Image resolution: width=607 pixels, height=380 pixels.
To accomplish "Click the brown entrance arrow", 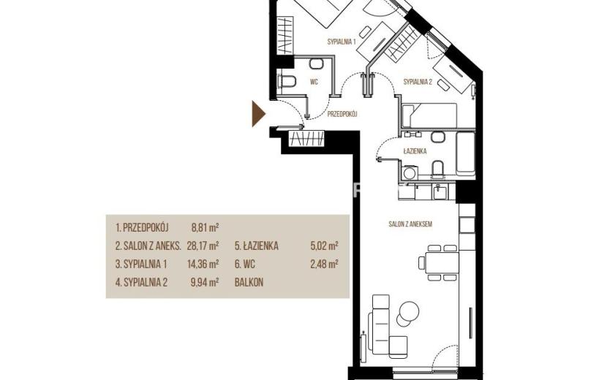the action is (258, 114).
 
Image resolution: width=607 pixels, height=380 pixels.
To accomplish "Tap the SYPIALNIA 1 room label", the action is (342, 42).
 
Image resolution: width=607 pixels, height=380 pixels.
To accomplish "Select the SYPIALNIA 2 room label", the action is (418, 82).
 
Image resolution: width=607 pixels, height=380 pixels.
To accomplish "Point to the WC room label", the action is (314, 82).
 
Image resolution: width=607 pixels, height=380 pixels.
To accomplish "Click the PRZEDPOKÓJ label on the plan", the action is (342, 114).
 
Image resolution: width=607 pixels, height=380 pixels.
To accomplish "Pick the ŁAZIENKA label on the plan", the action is (415, 151).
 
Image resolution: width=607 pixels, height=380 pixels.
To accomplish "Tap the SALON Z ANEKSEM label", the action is (410, 224).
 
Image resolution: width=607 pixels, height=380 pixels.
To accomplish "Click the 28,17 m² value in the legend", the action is (203, 246).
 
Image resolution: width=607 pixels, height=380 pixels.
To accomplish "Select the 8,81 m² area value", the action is (206, 227).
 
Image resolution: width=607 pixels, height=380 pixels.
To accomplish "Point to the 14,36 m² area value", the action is (203, 264).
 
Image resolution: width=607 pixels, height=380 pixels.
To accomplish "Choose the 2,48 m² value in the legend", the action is (325, 264).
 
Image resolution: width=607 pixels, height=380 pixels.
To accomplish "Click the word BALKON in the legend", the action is (249, 283).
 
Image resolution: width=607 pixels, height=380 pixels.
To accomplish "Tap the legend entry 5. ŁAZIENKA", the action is (256, 246).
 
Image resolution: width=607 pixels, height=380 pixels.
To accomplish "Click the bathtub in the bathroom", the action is (465, 153).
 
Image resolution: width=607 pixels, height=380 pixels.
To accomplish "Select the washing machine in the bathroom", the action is (409, 172).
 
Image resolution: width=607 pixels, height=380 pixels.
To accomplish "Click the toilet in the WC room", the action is (287, 82).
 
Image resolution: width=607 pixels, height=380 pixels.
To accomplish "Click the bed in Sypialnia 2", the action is (429, 115).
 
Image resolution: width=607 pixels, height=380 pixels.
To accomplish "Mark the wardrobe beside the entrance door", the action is (306, 139).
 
